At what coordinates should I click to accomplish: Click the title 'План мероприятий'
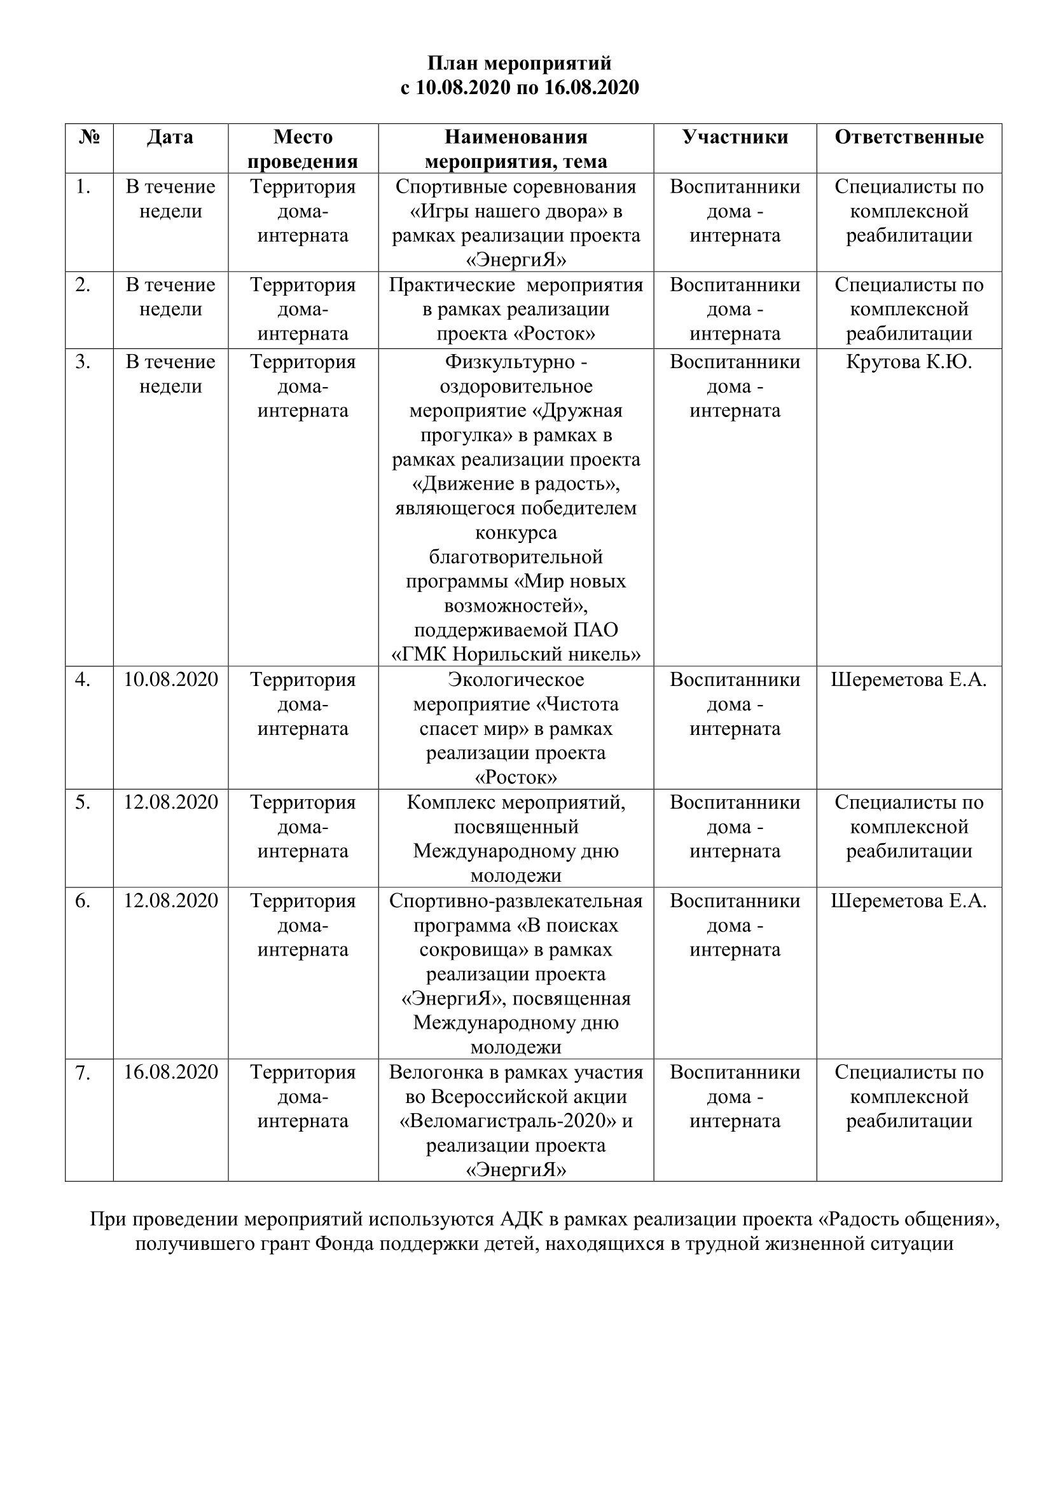[520, 64]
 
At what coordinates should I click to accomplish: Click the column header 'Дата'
[170, 137]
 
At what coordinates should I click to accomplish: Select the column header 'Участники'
[735, 137]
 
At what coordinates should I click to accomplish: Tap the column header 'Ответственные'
[909, 137]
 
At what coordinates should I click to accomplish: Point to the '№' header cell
[89, 137]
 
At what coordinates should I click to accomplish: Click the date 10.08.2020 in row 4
[170, 680]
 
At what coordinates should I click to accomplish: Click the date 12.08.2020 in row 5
[170, 802]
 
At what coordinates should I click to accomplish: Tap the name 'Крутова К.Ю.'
[909, 362]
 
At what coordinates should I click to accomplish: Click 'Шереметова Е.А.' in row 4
[909, 680]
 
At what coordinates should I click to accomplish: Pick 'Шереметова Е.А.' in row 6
[909, 901]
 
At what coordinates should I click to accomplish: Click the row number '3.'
[82, 362]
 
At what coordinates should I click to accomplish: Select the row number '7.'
[82, 1073]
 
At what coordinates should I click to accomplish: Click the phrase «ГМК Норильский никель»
[516, 655]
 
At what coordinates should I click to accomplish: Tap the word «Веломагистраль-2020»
[509, 1121]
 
